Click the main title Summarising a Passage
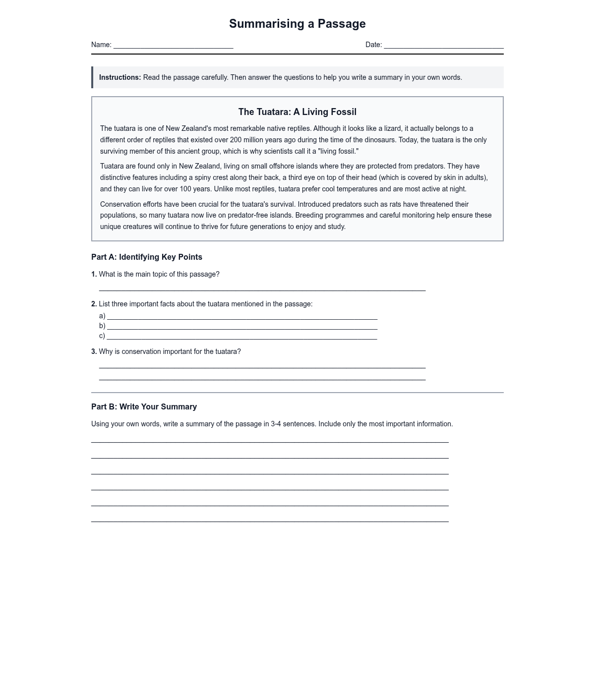[x=297, y=24]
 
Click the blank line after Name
[x=173, y=46]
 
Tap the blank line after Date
[x=443, y=46]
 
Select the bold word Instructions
[x=120, y=77]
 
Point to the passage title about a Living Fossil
[x=297, y=112]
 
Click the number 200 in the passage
[x=236, y=140]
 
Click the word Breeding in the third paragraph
[x=309, y=215]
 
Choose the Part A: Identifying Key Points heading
[x=147, y=257]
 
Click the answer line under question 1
[x=262, y=289]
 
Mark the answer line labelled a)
[x=242, y=317]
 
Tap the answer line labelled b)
[x=242, y=327]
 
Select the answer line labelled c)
[x=242, y=337]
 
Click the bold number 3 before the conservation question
[x=94, y=351]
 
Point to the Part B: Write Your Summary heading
[x=144, y=406]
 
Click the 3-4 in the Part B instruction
[x=276, y=424]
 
